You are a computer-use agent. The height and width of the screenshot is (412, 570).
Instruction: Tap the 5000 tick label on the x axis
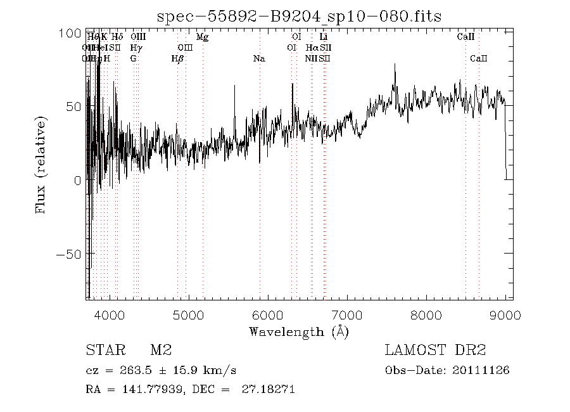[189, 315]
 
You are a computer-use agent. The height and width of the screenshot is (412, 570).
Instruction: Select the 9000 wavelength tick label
[505, 315]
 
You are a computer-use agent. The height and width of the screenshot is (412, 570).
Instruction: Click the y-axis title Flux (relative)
[42, 164]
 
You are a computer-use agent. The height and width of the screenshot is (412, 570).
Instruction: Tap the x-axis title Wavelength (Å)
[298, 332]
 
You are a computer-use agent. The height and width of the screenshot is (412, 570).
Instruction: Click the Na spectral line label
[258, 59]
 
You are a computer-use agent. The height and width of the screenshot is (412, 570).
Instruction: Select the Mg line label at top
[202, 37]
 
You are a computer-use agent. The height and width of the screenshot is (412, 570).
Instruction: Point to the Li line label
[323, 37]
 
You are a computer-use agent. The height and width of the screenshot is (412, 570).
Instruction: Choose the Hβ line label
[177, 59]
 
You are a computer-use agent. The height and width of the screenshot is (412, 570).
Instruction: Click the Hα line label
[312, 48]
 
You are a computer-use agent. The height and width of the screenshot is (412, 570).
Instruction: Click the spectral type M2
[161, 351]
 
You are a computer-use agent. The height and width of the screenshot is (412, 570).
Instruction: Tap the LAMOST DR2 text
[435, 351]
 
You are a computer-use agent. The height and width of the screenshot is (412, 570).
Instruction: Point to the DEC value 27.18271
[269, 389]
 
